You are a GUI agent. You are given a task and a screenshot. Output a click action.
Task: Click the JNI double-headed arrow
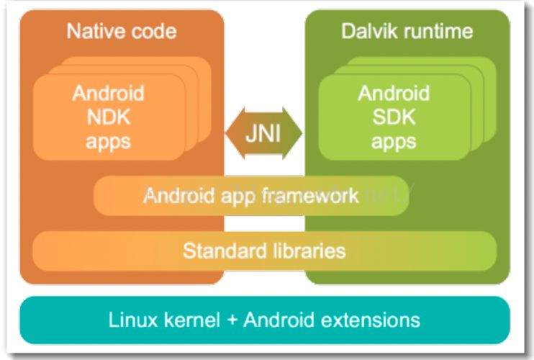point(264,132)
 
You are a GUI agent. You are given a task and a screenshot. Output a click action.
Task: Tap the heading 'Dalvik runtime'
point(407,32)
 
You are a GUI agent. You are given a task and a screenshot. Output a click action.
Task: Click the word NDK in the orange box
point(108,117)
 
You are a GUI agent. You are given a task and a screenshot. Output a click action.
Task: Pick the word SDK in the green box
point(394,117)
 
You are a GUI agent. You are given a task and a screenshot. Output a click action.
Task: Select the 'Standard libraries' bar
point(263,251)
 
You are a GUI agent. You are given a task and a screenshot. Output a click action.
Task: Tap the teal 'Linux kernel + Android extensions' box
point(263,318)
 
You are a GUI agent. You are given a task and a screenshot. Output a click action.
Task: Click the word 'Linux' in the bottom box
point(133,318)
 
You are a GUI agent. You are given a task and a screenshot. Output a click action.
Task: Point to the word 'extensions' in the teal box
point(373,318)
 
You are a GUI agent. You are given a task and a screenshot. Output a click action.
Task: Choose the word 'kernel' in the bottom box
point(189,318)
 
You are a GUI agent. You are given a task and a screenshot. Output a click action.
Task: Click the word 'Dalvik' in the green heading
point(374,32)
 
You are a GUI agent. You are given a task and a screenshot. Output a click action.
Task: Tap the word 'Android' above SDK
point(394,94)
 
